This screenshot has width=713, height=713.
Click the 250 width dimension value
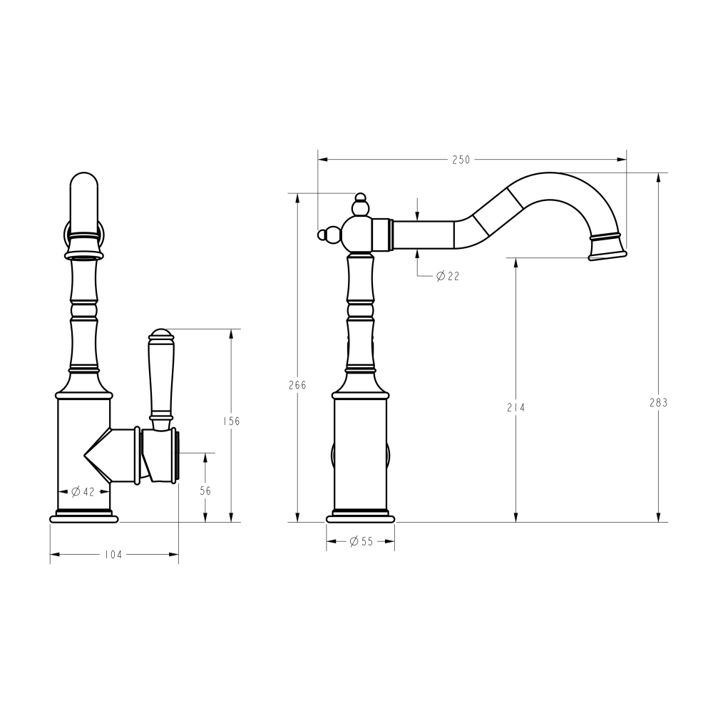(461, 160)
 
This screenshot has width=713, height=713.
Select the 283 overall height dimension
(659, 402)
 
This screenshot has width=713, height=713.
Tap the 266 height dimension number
(297, 385)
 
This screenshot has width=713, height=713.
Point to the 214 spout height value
(516, 408)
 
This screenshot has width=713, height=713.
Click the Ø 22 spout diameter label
(447, 275)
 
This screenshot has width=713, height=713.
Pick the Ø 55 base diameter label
(361, 541)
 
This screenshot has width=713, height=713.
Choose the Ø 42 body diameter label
(83, 491)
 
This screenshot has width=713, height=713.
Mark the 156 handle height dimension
(231, 421)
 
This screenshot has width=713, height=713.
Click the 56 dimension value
(205, 491)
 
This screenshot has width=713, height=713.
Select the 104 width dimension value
(113, 554)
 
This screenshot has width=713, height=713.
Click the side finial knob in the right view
(329, 233)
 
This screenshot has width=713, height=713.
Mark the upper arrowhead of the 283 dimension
(659, 176)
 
